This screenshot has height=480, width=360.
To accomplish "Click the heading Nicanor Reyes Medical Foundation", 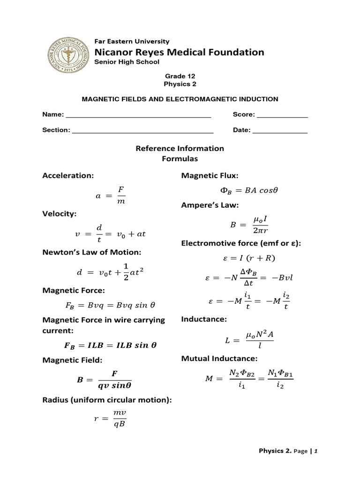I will [x=179, y=52].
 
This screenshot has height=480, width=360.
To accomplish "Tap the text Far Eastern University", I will [x=132, y=41].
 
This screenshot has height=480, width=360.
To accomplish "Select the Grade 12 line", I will [x=180, y=76].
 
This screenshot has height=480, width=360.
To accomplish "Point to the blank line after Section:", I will [x=142, y=131].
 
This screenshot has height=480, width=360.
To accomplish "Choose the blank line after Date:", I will [x=280, y=131].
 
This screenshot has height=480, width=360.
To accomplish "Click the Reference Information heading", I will [x=180, y=149].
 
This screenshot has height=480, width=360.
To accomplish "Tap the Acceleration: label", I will [x=68, y=175].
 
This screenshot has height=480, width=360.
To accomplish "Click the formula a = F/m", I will [x=110, y=195].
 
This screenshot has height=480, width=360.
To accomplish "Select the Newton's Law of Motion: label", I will [x=92, y=252].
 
